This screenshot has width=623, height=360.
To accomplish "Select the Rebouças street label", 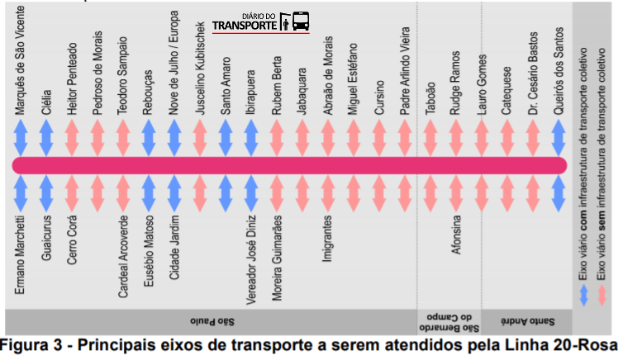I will pos(149,85).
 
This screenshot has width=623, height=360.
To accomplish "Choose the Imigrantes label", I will pos(328,241).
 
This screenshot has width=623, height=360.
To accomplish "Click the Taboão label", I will pos(431,91).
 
